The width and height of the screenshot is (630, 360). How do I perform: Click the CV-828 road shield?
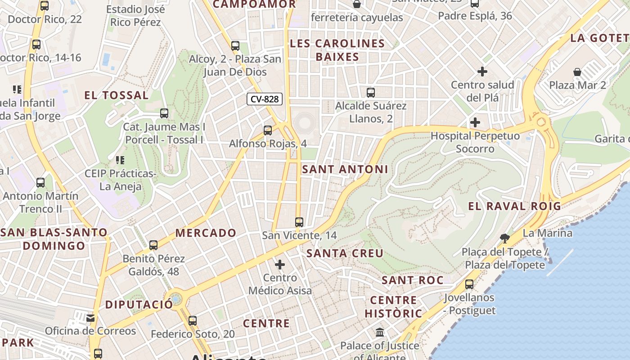(264, 99)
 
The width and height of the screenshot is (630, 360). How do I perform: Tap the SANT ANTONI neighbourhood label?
(345, 170)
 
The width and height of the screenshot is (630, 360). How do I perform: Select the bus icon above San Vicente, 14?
(299, 222)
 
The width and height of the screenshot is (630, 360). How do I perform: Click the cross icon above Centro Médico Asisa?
(280, 264)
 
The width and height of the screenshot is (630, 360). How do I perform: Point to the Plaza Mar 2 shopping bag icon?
(577, 72)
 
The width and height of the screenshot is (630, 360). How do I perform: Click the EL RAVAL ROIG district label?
(514, 207)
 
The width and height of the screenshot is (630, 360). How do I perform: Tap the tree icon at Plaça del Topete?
(505, 238)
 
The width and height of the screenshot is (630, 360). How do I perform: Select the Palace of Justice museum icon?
(380, 333)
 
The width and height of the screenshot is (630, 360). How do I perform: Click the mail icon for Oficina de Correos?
(91, 318)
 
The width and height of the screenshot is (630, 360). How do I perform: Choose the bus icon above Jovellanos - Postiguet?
(469, 284)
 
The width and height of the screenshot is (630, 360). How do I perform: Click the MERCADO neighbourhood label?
(206, 233)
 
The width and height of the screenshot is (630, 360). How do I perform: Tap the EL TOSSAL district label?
(117, 95)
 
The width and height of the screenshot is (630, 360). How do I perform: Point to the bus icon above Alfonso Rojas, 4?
(268, 130)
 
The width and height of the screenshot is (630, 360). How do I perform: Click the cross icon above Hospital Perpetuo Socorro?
(475, 122)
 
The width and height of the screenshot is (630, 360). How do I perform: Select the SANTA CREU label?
(345, 253)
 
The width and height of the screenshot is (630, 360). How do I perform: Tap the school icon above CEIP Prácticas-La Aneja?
(120, 160)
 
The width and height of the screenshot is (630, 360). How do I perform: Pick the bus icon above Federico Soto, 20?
(193, 321)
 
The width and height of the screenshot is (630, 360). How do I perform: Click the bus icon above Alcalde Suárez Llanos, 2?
(370, 93)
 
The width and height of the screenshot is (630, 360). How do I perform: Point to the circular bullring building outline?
(306, 122)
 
